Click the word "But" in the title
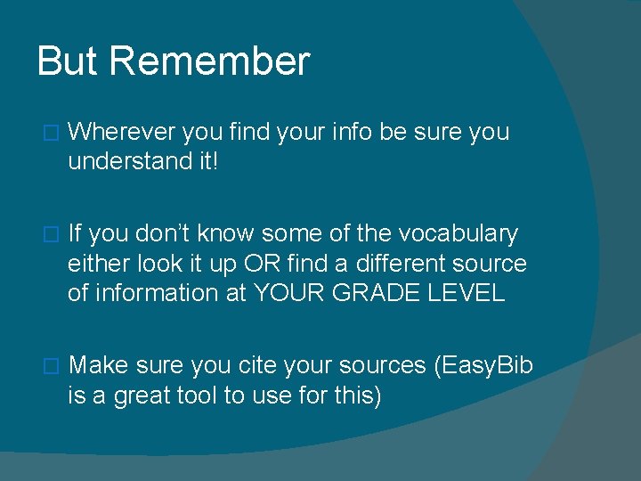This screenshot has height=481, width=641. [x=69, y=61]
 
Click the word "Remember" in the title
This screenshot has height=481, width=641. [x=209, y=61]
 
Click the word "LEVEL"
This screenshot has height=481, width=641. [x=467, y=293]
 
